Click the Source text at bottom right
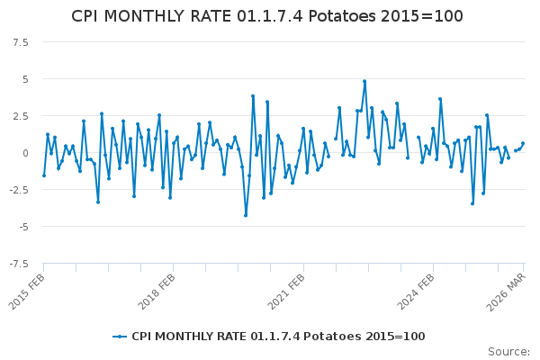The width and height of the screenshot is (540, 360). (x=508, y=351)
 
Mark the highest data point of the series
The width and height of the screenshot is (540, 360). (x=364, y=81)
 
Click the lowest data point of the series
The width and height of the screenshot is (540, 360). (x=246, y=215)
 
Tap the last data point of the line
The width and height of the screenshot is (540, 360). (x=523, y=143)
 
